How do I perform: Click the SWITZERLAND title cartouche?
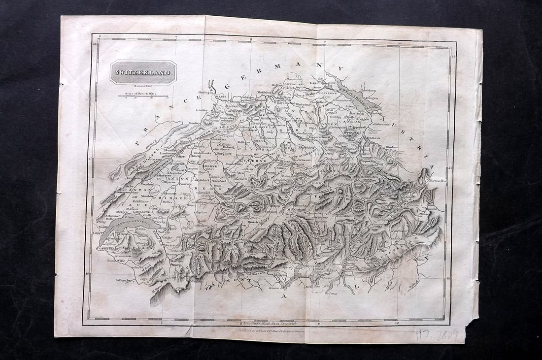(x=143, y=73)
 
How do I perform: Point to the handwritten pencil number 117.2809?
(x=437, y=335)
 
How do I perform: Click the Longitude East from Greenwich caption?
(x=269, y=323)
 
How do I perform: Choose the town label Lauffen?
(x=201, y=111)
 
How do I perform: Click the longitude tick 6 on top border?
(x=100, y=36)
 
